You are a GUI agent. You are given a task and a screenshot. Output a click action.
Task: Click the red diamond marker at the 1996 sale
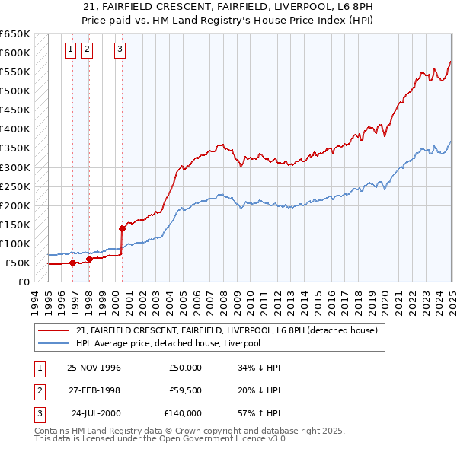coord(73,263)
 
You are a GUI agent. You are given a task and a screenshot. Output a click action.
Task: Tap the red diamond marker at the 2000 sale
coord(122,228)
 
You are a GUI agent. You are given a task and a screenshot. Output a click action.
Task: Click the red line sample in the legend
coord(54,330)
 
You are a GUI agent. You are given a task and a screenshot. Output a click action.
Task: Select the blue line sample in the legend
coord(54,343)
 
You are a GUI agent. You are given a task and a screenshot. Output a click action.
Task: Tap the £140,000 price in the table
coord(183,413)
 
